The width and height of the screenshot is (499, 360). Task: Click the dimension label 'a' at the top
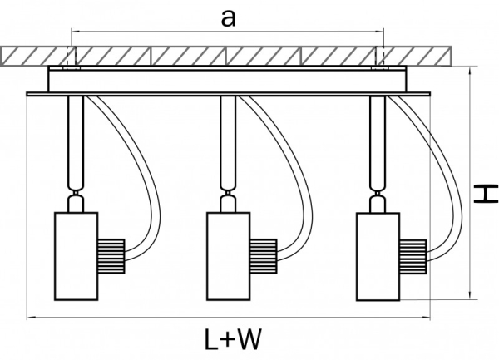click(x=226, y=19)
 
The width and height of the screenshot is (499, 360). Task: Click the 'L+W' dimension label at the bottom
click(x=233, y=338)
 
